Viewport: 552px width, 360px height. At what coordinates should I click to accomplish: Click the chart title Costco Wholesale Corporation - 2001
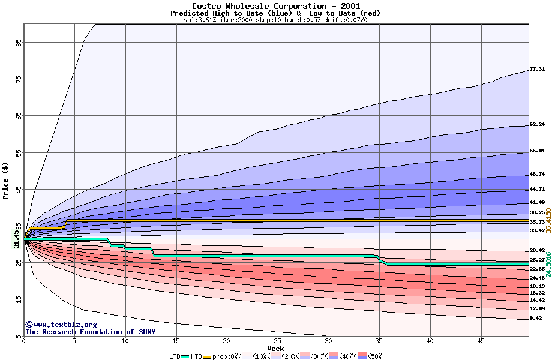tap(276, 6)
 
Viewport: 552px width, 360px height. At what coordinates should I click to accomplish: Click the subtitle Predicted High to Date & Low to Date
tap(275, 13)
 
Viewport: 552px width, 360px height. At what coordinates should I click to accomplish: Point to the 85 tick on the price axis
tap(19, 43)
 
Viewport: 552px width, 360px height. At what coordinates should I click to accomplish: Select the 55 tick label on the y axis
tap(19, 154)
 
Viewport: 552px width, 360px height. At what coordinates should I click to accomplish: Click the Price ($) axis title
tap(6, 180)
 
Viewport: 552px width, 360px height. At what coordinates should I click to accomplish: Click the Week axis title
tap(276, 348)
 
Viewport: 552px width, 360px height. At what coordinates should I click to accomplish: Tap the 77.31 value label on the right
tap(537, 70)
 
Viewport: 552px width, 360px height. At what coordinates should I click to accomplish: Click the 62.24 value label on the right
tap(537, 125)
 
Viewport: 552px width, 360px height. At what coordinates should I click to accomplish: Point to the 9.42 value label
tap(535, 319)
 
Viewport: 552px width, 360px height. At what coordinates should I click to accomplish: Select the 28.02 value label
tap(537, 250)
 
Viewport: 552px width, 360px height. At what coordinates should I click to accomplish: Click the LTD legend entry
tap(175, 356)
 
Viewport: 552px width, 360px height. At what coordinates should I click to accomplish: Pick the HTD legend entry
tap(196, 356)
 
